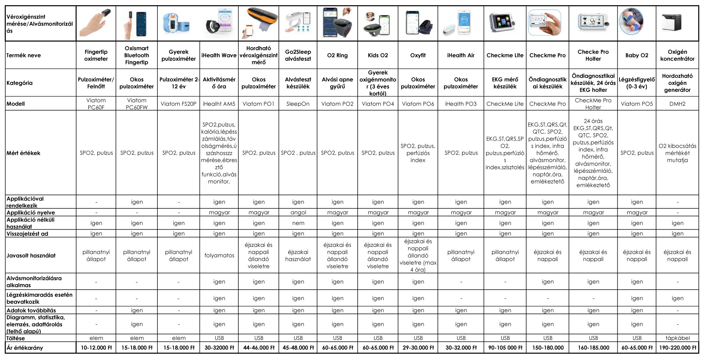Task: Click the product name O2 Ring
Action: tap(337, 55)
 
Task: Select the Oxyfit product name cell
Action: tap(418, 55)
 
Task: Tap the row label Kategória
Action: tap(20, 83)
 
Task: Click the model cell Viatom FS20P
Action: tap(179, 104)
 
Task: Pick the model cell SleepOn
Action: tap(298, 104)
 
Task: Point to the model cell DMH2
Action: tap(677, 104)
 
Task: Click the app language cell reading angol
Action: tap(298, 213)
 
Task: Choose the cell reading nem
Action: tap(298, 223)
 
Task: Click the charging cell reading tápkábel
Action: tap(677, 338)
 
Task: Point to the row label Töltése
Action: tap(16, 338)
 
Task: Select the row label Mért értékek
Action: tap(23, 153)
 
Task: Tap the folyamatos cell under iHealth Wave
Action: tap(219, 256)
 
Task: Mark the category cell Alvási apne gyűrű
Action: tap(337, 83)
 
